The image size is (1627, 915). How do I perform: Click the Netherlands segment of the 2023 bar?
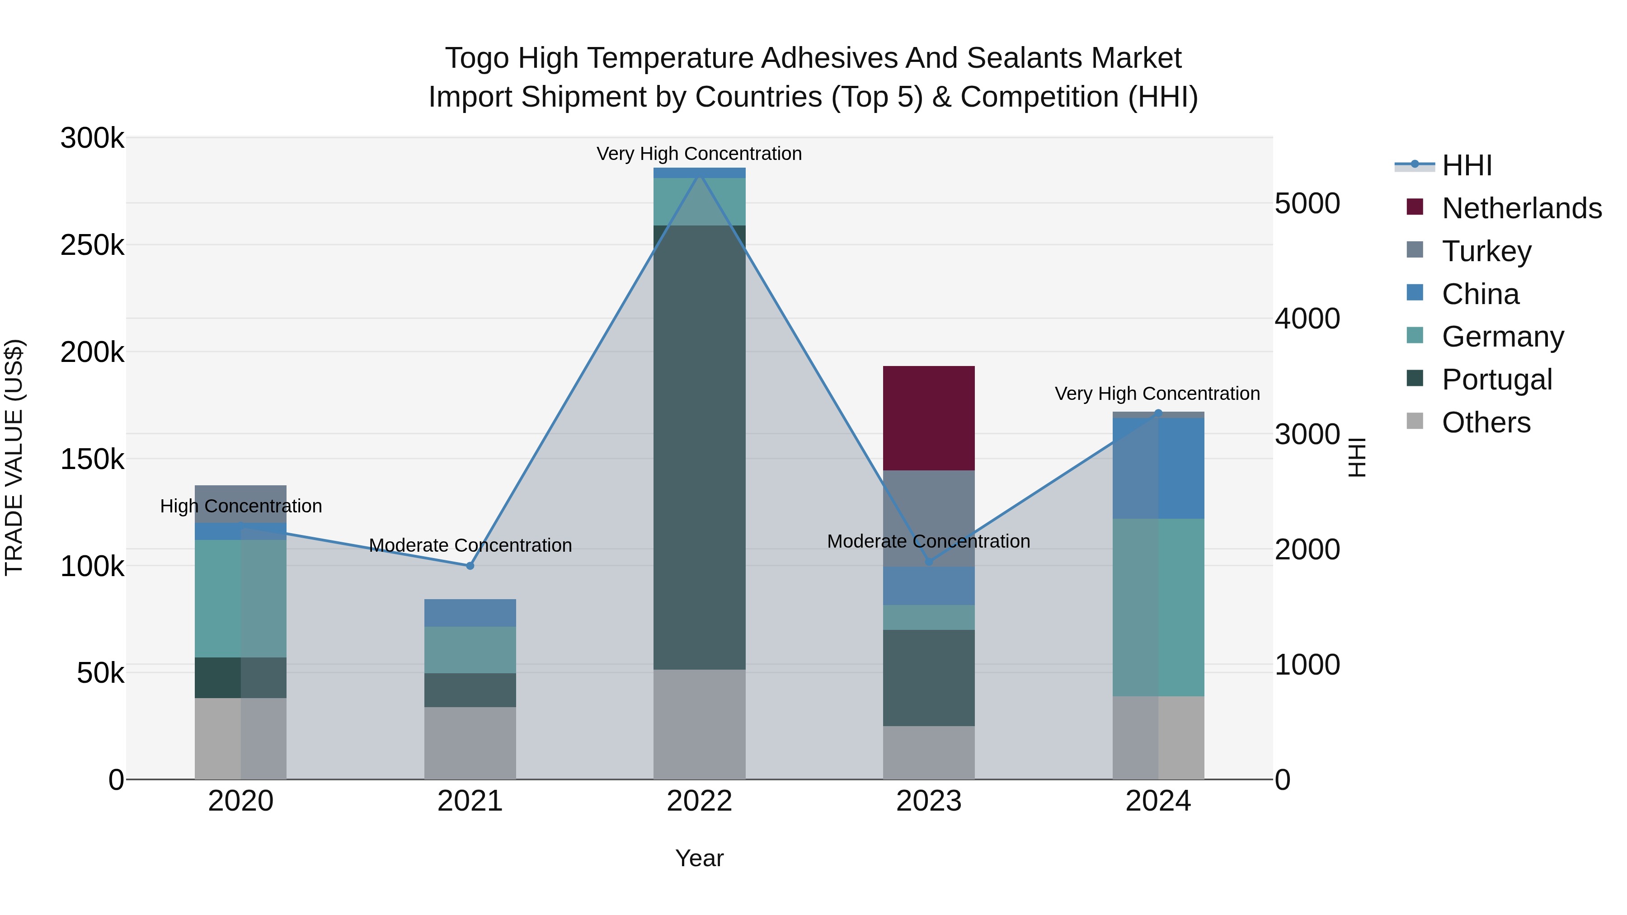[x=928, y=418]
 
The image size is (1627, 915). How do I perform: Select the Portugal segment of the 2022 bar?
[x=699, y=447]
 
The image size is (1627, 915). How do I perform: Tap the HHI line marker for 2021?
[x=470, y=566]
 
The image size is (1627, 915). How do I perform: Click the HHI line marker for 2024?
[x=1158, y=413]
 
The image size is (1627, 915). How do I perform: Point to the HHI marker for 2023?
[x=928, y=561]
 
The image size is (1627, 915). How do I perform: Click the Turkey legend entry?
[x=1486, y=251]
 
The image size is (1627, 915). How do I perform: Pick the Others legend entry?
[x=1486, y=422]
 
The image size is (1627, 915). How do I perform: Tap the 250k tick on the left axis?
[x=92, y=245]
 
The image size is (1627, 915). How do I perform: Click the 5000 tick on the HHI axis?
[x=1307, y=203]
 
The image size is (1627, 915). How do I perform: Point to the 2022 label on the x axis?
[x=699, y=801]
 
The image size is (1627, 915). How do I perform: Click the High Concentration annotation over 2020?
[x=240, y=506]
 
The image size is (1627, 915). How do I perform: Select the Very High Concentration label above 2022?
[x=699, y=154]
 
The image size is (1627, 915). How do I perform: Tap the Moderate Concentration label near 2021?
[x=470, y=545]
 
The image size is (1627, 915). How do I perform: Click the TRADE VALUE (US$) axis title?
[x=14, y=457]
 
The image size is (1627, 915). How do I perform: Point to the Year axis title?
[x=699, y=858]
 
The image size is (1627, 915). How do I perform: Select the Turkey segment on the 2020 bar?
[x=240, y=503]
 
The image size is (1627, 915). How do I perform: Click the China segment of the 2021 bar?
[x=470, y=613]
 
